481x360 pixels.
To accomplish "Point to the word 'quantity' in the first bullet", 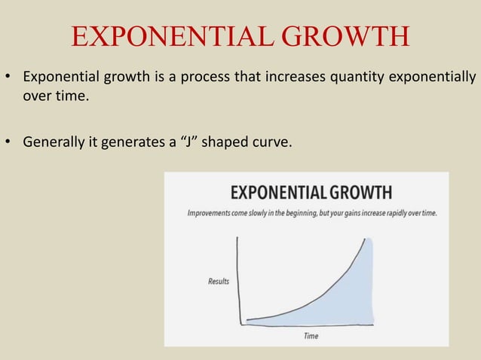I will click(361, 78).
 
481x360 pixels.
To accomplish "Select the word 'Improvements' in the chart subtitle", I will click(211, 213).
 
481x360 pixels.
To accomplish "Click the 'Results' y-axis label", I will click(219, 282).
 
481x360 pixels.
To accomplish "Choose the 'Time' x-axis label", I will click(311, 336).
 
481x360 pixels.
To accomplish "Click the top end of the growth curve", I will click(369, 239).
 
